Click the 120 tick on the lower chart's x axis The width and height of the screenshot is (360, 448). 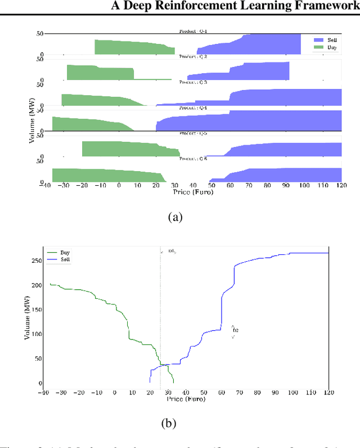[x=328, y=393]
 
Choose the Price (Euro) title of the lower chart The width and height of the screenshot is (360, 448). [x=186, y=399]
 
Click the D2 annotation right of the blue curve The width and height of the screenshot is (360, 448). [x=235, y=330]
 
